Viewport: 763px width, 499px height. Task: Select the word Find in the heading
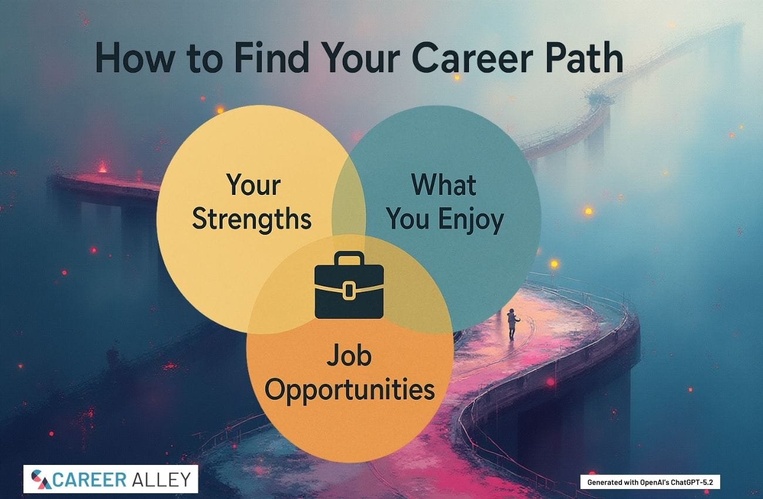tap(272, 57)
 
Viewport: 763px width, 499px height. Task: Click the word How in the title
tap(135, 58)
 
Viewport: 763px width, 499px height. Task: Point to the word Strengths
tap(252, 218)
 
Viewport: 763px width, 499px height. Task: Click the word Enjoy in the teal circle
tap(471, 220)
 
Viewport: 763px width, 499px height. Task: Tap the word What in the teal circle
tap(444, 185)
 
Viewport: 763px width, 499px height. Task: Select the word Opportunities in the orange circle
tap(350, 390)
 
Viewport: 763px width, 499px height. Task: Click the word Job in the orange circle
tap(349, 355)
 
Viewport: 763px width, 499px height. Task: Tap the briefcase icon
tap(349, 285)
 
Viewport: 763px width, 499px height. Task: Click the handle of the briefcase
tap(349, 258)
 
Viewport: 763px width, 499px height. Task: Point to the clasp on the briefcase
tap(349, 291)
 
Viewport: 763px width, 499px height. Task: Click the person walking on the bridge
tap(512, 324)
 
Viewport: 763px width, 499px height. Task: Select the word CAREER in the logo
tap(89, 480)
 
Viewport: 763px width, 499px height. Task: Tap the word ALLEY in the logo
tap(161, 480)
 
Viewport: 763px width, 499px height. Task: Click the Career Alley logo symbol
tap(40, 479)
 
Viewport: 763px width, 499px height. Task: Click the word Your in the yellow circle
tap(253, 186)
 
